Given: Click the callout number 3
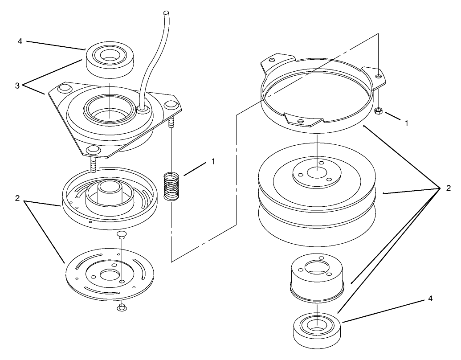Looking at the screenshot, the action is point(17,86).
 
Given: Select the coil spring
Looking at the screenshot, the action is point(171,188).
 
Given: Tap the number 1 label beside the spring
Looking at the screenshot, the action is point(213,161).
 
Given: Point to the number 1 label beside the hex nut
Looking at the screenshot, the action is point(407,123).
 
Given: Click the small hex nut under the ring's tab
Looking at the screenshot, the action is point(378,111).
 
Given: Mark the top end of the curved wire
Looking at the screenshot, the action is point(167,13).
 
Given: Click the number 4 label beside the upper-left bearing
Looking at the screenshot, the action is point(20,41).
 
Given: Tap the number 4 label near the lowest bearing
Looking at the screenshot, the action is point(430,299).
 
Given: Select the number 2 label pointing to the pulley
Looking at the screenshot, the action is point(448,188).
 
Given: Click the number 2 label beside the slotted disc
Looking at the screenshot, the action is point(17,198).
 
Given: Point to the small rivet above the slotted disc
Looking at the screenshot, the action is point(121,234).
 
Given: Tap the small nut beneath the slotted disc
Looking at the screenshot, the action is point(122,307).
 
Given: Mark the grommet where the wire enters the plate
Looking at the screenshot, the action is point(143,110).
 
